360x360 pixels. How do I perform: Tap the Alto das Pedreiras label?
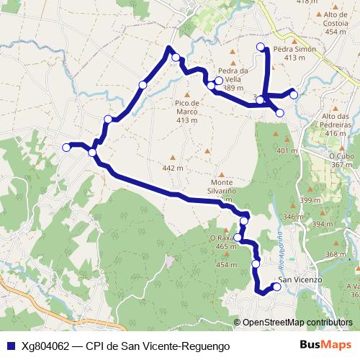(336, 120)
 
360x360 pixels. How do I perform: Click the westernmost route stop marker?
(66, 147)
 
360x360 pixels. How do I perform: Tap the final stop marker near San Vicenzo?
(276, 287)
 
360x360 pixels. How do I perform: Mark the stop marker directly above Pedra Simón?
(261, 47)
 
